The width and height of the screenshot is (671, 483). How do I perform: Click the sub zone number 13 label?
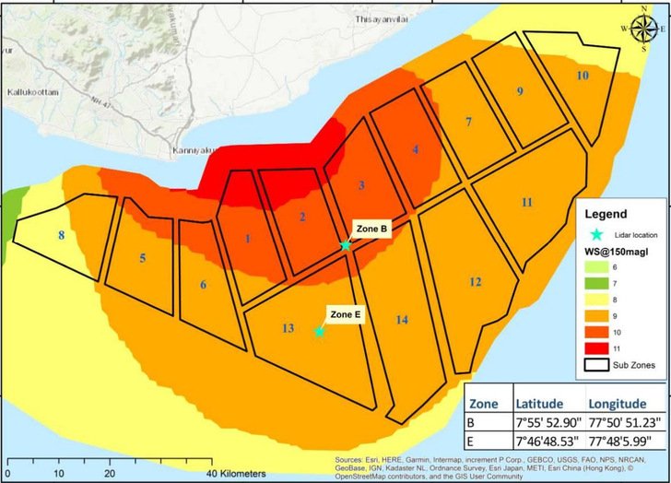click(x=288, y=328)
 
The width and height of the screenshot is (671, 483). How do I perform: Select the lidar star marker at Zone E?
click(x=319, y=332)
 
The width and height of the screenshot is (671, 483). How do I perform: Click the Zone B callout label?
click(x=371, y=228)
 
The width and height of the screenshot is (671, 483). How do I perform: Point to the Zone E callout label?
click(x=347, y=314)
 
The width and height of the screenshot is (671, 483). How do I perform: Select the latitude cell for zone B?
click(x=548, y=423)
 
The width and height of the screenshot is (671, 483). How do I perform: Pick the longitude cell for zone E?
click(x=625, y=442)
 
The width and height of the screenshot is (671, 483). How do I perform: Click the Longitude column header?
click(x=619, y=404)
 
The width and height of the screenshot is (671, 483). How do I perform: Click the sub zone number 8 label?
click(x=62, y=236)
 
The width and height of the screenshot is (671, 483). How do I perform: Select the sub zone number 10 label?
click(x=583, y=75)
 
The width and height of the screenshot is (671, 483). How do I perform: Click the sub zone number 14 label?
click(x=402, y=319)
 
